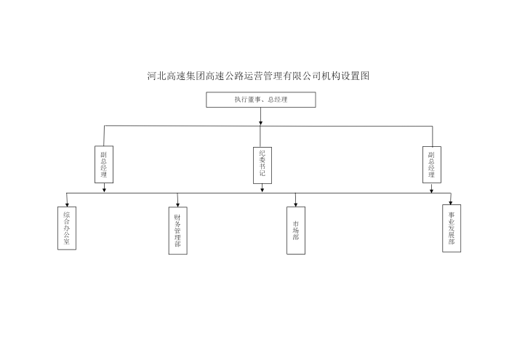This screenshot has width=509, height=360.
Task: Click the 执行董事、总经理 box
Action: coord(260,100)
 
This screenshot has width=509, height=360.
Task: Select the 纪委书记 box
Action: coord(262,164)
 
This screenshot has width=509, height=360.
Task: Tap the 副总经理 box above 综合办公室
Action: coord(105,164)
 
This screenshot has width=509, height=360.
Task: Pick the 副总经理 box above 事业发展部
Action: coord(432,164)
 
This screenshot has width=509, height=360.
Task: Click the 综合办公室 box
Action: coord(67,228)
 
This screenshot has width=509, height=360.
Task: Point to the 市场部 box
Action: coord(295,231)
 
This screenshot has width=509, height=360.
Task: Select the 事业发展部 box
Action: coord(452,228)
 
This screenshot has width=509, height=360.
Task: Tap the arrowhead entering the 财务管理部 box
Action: coord(177,204)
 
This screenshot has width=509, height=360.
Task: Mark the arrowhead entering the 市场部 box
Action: coord(295,204)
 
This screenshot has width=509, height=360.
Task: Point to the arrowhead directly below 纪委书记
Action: coord(262,190)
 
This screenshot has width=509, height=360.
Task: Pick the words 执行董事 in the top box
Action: coord(245,100)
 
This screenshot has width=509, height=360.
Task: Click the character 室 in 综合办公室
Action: coord(67,244)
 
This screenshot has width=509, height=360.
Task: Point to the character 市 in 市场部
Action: coord(295,224)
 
